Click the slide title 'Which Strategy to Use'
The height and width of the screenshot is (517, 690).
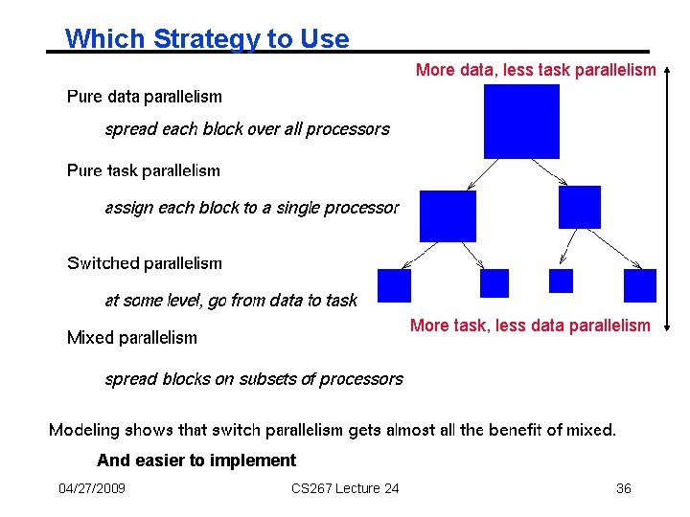[207, 38]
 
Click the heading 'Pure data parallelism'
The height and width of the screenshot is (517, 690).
[144, 97]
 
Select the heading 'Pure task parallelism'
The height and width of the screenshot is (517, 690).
[144, 171]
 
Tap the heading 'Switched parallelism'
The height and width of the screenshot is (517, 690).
[144, 263]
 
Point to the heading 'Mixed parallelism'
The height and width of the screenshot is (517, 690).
[132, 338]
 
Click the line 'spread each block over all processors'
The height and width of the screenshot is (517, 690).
[247, 129]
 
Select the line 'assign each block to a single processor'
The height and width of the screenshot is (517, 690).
[252, 208]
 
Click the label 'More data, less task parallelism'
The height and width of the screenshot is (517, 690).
[536, 70]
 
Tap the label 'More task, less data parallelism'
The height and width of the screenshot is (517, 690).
[530, 326]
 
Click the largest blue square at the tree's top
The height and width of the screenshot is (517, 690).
[521, 121]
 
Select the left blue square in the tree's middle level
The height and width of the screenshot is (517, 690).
[448, 216]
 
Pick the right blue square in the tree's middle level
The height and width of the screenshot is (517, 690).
[579, 208]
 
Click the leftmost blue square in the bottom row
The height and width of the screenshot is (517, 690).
[394, 285]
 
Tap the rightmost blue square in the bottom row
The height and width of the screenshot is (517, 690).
[639, 285]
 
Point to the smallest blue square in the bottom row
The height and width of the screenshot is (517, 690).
[561, 281]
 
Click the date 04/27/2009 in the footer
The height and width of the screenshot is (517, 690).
[92, 489]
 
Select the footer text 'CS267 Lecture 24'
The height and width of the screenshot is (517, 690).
[345, 489]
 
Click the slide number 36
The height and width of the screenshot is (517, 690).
[623, 489]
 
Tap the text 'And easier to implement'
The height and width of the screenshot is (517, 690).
[196, 461]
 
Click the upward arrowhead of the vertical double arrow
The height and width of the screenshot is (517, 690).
[668, 69]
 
